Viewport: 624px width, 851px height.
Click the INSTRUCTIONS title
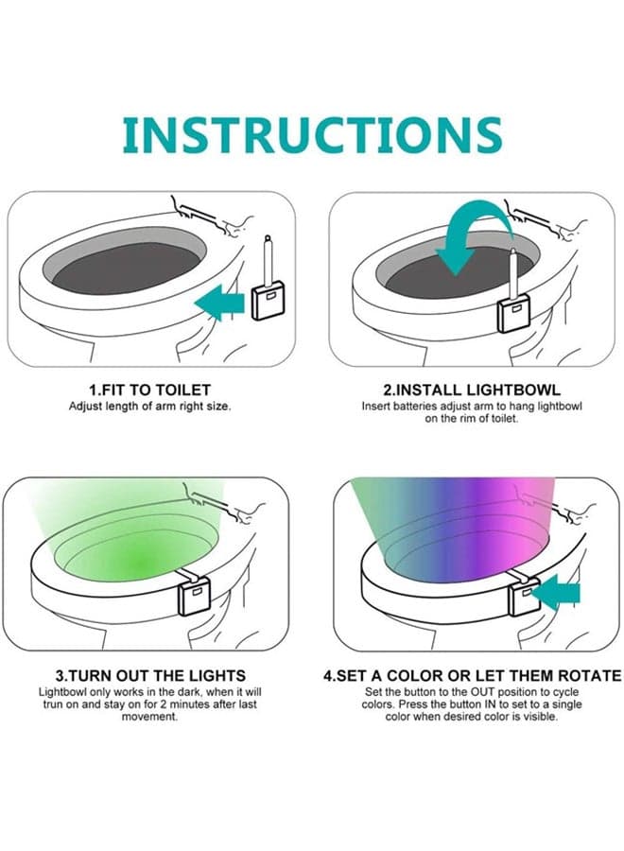click(312, 134)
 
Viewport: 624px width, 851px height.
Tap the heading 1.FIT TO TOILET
click(149, 390)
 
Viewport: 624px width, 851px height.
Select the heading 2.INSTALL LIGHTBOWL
click(472, 390)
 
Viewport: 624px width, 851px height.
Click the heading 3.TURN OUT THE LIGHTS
click(150, 676)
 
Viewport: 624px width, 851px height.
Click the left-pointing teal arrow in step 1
click(219, 303)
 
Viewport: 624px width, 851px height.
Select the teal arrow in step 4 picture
click(555, 593)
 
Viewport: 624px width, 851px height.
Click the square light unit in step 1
click(269, 303)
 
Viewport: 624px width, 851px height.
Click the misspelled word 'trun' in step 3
click(53, 704)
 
